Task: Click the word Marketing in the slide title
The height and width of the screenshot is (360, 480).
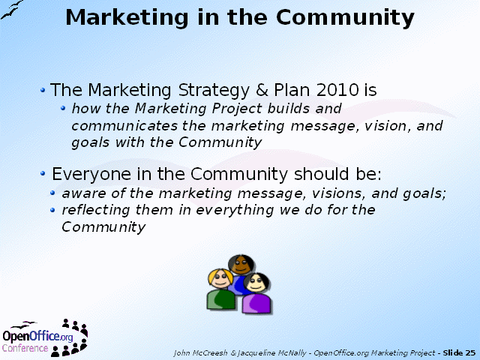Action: [x=127, y=18]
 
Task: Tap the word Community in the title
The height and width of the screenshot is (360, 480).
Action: [x=345, y=18]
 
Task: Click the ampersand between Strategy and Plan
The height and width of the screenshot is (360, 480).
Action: [x=262, y=90]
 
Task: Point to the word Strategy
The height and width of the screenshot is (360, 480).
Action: [x=214, y=91]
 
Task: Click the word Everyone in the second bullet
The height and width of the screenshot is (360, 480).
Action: [x=91, y=174]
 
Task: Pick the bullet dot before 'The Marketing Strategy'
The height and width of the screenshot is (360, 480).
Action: [x=43, y=90]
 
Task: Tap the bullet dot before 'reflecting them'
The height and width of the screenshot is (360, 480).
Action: [x=52, y=210]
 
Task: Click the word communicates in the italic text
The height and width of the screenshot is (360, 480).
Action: [x=124, y=126]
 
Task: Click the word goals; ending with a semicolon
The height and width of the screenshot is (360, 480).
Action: [x=424, y=193]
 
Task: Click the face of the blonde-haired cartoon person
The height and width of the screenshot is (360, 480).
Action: [x=220, y=280]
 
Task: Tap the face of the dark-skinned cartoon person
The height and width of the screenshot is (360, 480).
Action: [x=241, y=265]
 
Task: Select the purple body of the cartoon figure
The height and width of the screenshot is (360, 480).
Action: [x=256, y=303]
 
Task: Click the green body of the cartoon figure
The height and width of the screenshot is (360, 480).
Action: [x=220, y=299]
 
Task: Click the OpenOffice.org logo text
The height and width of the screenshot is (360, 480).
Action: [x=37, y=336]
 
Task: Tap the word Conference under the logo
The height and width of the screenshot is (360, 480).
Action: [x=25, y=348]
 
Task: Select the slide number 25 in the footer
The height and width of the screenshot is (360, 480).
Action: [x=470, y=353]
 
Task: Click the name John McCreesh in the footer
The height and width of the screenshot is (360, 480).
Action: [x=200, y=353]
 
